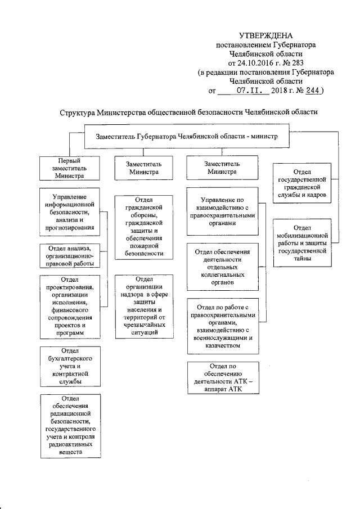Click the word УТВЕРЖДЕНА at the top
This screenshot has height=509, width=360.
(x=266, y=35)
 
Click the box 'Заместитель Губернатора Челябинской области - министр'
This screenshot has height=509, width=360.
(x=184, y=137)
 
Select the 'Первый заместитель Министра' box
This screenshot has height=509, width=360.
(x=69, y=168)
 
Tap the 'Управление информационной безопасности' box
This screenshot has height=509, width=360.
(x=69, y=213)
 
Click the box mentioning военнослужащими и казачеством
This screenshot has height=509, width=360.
(x=223, y=326)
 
